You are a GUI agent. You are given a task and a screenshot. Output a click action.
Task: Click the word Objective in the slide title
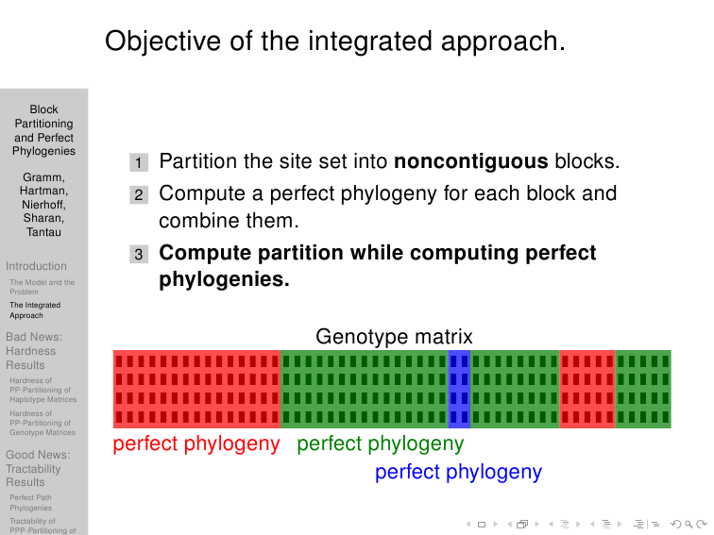click(x=163, y=42)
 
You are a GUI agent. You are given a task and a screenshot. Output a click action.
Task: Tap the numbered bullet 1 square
click(x=139, y=162)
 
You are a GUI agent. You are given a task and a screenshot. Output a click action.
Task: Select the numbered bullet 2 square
click(x=139, y=194)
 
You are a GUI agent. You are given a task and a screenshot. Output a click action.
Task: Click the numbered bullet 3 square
click(x=139, y=254)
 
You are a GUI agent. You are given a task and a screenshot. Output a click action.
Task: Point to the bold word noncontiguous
click(x=471, y=161)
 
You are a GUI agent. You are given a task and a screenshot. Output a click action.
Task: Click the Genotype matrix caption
click(x=395, y=337)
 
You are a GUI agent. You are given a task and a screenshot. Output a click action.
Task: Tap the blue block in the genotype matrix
click(x=459, y=389)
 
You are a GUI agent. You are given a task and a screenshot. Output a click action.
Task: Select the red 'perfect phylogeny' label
click(x=196, y=443)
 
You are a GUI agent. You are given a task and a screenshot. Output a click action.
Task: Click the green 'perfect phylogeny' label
click(x=381, y=443)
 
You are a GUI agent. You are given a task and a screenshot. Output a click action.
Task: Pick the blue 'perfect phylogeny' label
click(x=459, y=472)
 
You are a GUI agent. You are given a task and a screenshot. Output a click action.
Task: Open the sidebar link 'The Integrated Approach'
click(x=35, y=309)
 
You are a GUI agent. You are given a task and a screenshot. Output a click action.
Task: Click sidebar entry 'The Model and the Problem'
click(x=42, y=287)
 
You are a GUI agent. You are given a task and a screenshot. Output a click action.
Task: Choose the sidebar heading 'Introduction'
click(x=37, y=266)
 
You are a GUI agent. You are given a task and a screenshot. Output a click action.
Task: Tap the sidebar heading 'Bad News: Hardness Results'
click(x=34, y=351)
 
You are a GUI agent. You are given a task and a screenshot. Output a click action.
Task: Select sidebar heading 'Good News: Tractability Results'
click(x=38, y=468)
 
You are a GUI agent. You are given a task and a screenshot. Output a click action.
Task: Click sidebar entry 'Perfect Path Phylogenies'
click(x=31, y=503)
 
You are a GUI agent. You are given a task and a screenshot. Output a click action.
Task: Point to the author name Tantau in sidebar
click(x=43, y=232)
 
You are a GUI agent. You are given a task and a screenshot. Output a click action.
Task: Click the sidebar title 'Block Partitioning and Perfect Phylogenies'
click(x=43, y=130)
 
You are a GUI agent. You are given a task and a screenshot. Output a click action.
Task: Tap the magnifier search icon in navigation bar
click(x=688, y=525)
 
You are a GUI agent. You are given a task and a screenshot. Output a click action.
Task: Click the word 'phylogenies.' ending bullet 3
click(x=225, y=279)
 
